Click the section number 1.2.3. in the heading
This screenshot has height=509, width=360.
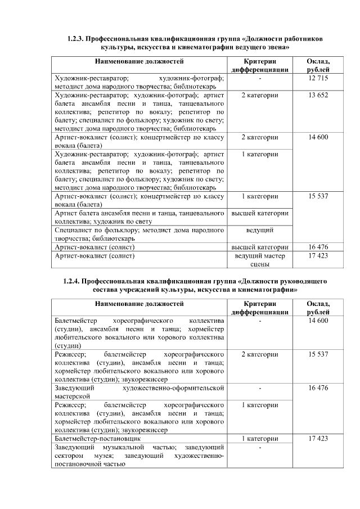pos(75,38)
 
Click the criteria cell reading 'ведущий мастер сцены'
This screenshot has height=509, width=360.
pos(260,260)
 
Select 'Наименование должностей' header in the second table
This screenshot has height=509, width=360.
pos(139,304)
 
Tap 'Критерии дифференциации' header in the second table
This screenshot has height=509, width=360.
pos(260,308)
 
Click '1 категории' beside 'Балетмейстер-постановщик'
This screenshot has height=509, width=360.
pos(260,438)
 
